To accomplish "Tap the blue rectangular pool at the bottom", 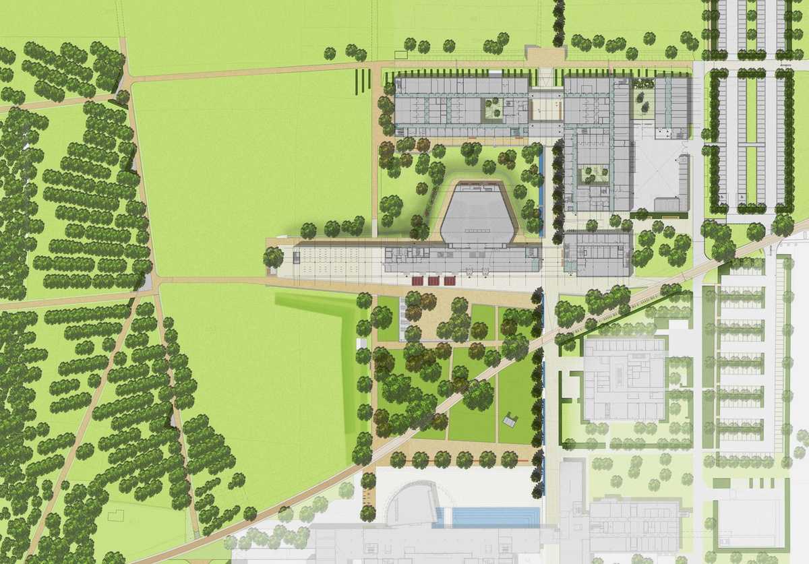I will [x=495, y=517].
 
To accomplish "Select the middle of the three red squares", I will [x=432, y=280].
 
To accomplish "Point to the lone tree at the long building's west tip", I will [x=273, y=256].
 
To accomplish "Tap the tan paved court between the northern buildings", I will [x=547, y=106].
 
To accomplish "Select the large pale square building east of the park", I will [x=624, y=379].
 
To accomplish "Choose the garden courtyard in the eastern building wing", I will [x=591, y=175].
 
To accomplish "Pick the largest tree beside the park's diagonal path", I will [x=479, y=394].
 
